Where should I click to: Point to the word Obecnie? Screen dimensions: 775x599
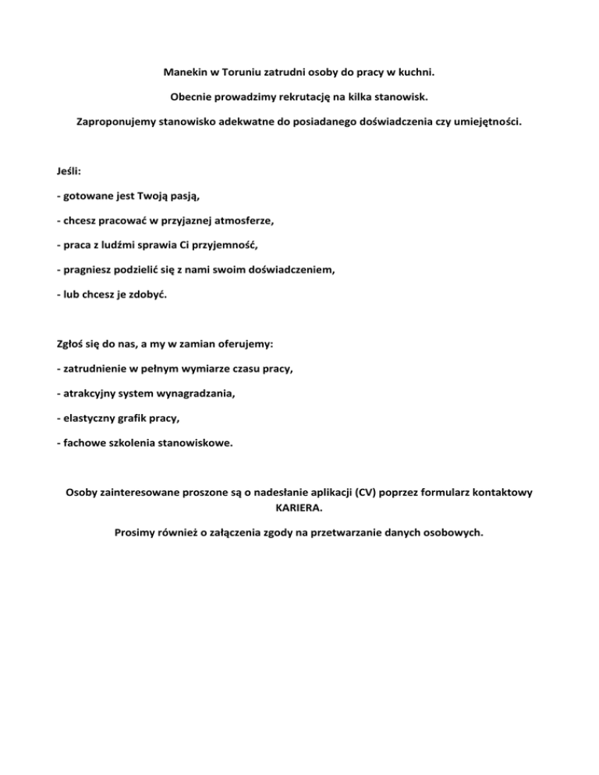tap(192, 97)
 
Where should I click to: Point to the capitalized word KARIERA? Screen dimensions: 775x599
tap(299, 508)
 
